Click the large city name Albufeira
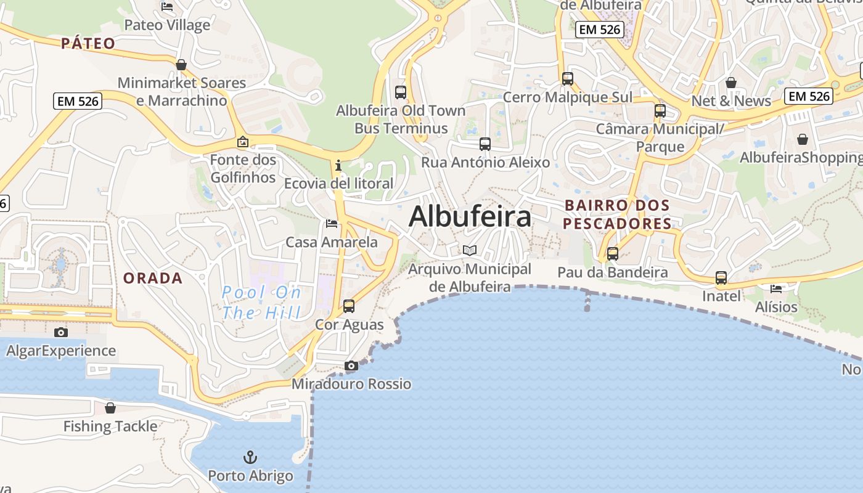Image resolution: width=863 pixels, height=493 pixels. coord(470,216)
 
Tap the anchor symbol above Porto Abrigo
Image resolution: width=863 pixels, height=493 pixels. coord(250,457)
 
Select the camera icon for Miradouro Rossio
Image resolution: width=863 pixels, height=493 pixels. coord(351,366)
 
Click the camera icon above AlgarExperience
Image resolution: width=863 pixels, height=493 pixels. coord(61,333)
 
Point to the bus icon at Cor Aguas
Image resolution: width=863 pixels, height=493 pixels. coord(349,306)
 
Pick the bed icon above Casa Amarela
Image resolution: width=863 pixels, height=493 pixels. coord(332,223)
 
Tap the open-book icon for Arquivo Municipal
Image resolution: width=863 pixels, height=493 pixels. coord(470,250)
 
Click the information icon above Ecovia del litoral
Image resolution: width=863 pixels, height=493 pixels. coord(338,165)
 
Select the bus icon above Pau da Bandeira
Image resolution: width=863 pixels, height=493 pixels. coord(613,254)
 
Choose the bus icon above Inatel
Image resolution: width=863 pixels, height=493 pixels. coord(721,278)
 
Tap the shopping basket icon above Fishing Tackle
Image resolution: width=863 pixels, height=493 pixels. coord(110,408)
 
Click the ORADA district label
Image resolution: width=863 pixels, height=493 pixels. coord(153,278)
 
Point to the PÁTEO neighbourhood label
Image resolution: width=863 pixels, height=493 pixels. coord(88,43)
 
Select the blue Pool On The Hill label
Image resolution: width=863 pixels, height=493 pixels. coord(261,303)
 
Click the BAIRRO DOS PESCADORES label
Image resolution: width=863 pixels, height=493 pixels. coord(617,214)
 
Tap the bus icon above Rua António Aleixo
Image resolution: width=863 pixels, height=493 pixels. coord(485,144)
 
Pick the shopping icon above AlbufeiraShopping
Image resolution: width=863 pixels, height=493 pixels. coord(803,140)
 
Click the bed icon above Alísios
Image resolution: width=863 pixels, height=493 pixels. coord(776,288)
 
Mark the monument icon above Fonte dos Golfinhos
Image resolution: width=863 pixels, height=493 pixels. coord(243,142)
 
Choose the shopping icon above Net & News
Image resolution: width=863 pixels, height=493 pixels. coord(731,83)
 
